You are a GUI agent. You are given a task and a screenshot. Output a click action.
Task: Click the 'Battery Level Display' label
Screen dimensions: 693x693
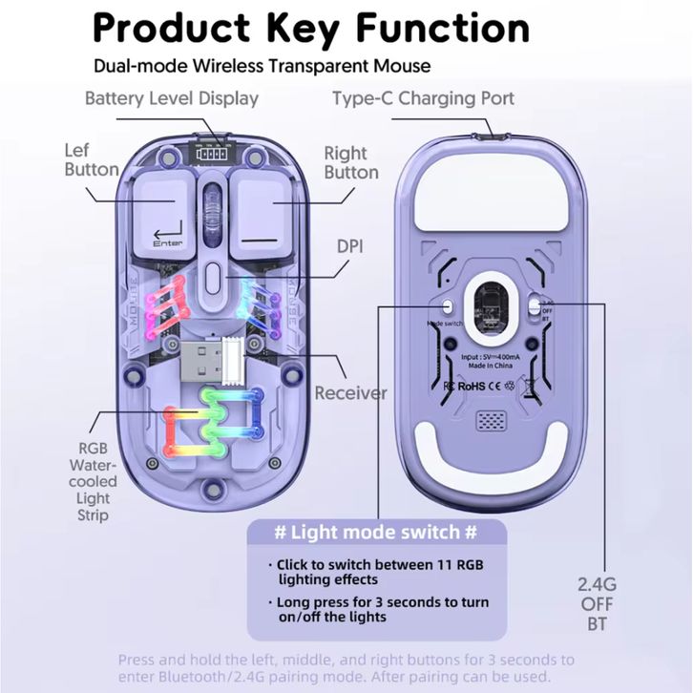pyautogui.click(x=172, y=98)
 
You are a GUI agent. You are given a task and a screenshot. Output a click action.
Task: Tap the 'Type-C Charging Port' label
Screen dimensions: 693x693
pyautogui.click(x=423, y=98)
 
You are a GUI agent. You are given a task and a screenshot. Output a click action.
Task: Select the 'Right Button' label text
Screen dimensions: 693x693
pyautogui.click(x=350, y=162)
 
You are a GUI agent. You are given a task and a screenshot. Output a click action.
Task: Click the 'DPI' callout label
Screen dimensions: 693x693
pyautogui.click(x=350, y=245)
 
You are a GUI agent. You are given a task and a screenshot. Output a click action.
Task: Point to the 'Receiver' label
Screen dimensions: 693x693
pyautogui.click(x=350, y=392)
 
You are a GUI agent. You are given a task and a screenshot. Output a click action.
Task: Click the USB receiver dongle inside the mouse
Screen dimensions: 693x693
pyautogui.click(x=210, y=363)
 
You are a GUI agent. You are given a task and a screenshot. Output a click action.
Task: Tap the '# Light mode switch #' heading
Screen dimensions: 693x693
pyautogui.click(x=376, y=531)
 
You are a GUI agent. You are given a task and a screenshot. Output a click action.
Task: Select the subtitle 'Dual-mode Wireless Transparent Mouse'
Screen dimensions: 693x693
pyautogui.click(x=262, y=67)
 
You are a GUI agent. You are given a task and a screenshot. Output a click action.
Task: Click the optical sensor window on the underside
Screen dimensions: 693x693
pyautogui.click(x=489, y=313)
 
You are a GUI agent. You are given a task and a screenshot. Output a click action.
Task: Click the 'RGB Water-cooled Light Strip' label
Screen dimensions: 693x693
pyautogui.click(x=99, y=481)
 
